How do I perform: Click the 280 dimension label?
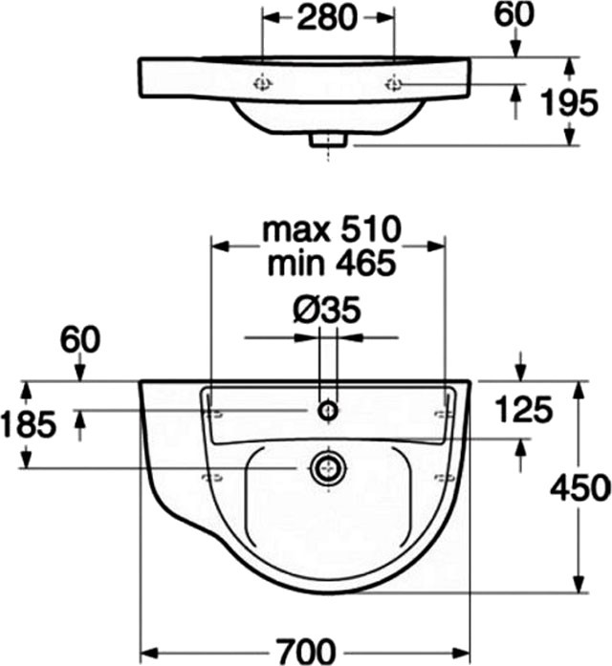pyautogui.click(x=326, y=17)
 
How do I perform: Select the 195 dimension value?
pyautogui.click(x=569, y=102)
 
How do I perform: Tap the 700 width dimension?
pyautogui.click(x=306, y=652)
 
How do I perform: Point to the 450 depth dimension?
pyautogui.click(x=580, y=487)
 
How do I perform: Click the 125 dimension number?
pyautogui.click(x=524, y=410)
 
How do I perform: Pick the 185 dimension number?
pyautogui.click(x=29, y=424)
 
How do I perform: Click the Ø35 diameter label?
pyautogui.click(x=327, y=310)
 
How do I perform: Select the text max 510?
pyautogui.click(x=332, y=229)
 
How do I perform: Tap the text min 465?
pyautogui.click(x=332, y=263)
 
